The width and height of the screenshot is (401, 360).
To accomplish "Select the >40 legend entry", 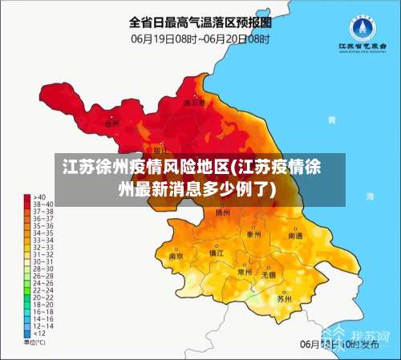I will (x=34, y=197).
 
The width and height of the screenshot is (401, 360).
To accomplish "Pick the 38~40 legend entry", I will (x=36, y=204).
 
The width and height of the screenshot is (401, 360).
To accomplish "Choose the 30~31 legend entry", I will (x=36, y=261).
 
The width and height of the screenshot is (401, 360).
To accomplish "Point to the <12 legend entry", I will (x=34, y=333).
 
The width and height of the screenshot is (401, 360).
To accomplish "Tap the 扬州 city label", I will (x=223, y=213).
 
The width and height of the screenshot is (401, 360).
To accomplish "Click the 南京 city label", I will (x=176, y=257).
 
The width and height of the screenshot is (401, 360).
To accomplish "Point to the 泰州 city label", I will (x=253, y=234).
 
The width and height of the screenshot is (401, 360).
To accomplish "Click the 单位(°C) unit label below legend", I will (x=34, y=342).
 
